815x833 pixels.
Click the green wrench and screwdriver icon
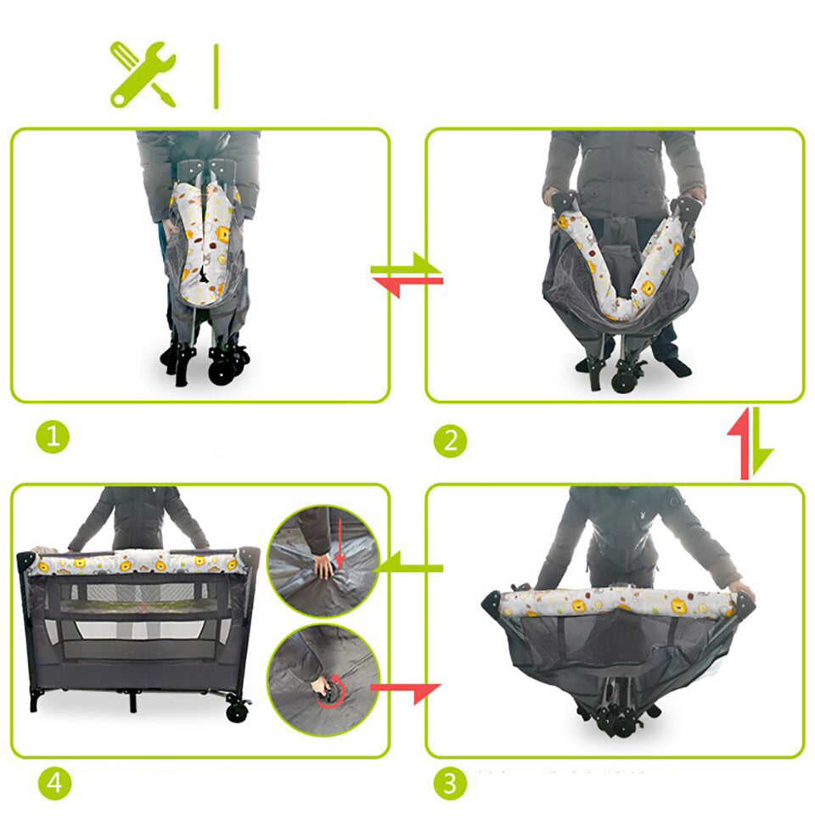[143, 75]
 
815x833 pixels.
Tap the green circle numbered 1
[53, 436]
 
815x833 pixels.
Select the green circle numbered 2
[450, 441]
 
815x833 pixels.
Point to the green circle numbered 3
[450, 783]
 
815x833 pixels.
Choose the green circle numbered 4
[54, 783]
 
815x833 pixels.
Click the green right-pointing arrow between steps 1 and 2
[406, 265]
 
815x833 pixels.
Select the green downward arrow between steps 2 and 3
[759, 442]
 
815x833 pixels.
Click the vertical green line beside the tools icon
[216, 76]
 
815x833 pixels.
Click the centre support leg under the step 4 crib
[132, 701]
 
